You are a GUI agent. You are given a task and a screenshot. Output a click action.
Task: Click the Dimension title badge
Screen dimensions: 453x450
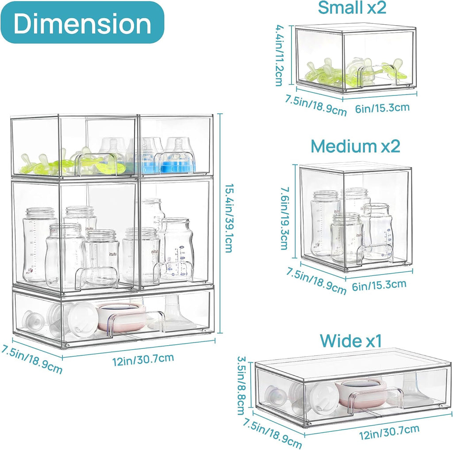(83, 23)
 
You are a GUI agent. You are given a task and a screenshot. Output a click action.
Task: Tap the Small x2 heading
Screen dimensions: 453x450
(352, 8)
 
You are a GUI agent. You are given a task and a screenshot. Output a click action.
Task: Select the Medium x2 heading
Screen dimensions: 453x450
(355, 146)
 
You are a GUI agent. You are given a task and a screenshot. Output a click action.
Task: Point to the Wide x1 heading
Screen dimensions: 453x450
(351, 341)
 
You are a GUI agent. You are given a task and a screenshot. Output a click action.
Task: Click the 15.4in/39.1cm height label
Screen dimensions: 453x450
(229, 218)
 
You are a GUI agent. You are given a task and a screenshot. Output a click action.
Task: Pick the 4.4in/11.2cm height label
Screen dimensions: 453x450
(280, 55)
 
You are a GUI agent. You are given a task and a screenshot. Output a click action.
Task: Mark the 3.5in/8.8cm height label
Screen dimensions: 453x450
(241, 385)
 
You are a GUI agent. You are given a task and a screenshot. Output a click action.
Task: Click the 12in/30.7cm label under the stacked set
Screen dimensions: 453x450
(143, 359)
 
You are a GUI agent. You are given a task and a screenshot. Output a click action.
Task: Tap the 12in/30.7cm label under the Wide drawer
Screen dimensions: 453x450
(389, 432)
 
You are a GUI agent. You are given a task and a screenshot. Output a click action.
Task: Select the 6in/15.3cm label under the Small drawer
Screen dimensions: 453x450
(382, 108)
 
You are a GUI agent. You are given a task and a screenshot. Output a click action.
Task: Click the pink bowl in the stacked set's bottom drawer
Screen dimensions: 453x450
(121, 317)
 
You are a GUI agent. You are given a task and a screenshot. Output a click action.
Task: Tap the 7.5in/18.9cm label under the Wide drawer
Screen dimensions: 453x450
(273, 433)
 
